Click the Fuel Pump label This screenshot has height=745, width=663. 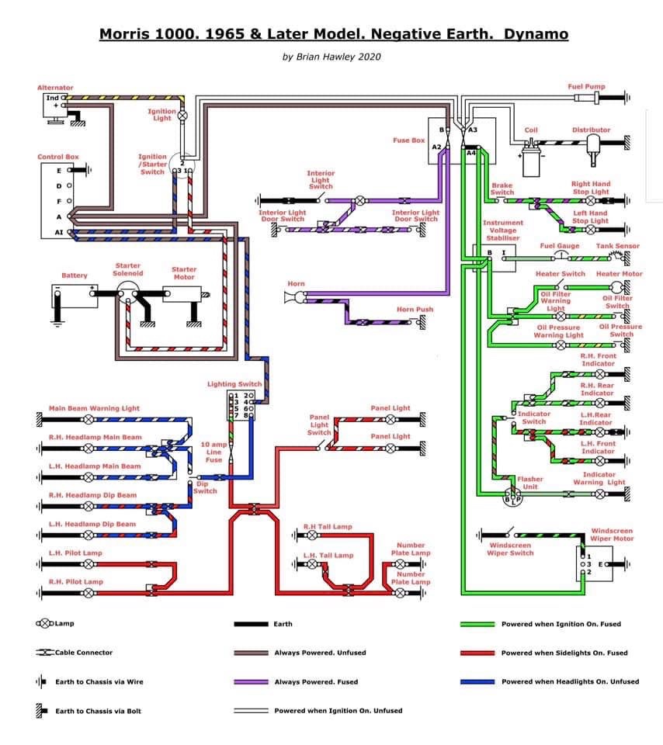pos(586,86)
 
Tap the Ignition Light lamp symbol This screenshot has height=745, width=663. pos(182,116)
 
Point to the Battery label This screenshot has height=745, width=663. pos(75,275)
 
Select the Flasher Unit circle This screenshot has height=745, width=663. pos(512,497)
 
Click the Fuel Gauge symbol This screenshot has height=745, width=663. pos(561,257)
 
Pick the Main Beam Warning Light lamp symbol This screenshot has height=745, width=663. pos(89,420)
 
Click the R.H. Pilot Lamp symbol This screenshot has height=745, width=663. pos(89,593)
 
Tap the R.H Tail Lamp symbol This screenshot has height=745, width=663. pos(312,535)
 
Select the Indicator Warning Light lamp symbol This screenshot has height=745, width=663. pos(600,494)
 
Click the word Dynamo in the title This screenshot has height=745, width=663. pos(536,34)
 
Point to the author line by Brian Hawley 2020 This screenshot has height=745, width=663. pos(331,57)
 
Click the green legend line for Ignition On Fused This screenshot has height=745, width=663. pos(477,624)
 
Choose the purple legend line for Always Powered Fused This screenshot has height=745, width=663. pos(251,682)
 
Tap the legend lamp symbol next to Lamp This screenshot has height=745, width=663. pos(45,623)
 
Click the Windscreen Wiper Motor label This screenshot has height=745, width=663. pos(612,535)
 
